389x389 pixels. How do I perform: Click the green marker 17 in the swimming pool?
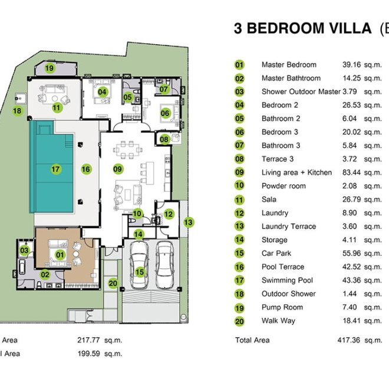[x=56, y=169]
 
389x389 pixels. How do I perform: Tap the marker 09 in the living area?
[x=117, y=169]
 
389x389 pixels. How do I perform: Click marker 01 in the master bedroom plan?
[x=60, y=255]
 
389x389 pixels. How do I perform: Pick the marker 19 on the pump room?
[x=50, y=68]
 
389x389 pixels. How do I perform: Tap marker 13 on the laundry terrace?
[x=188, y=222]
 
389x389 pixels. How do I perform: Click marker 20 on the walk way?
[x=113, y=283]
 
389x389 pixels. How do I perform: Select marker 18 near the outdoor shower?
[x=17, y=110]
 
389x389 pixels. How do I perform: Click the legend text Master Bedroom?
[x=289, y=65]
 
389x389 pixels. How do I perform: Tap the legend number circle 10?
[x=240, y=186]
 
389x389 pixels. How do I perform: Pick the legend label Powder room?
[x=283, y=186]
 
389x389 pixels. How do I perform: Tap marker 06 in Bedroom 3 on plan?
[x=165, y=113]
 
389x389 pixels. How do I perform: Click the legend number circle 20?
[x=240, y=321]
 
